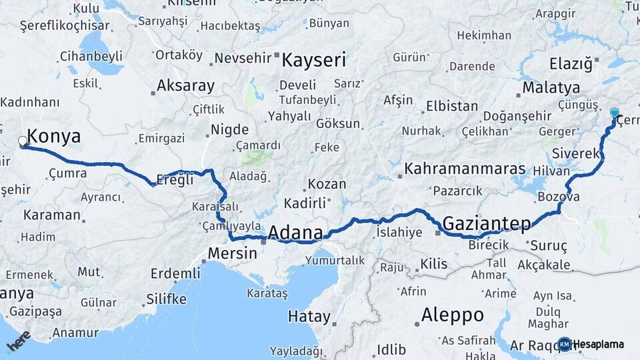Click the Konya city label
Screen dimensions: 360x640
click(x=54, y=137)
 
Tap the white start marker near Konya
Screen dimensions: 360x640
click(x=23, y=141)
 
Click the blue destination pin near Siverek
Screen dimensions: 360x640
click(x=614, y=113)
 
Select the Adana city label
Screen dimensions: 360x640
click(x=295, y=233)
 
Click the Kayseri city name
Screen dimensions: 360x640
click(x=314, y=60)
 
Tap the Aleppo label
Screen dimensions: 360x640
click(x=453, y=315)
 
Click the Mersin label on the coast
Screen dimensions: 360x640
click(x=232, y=253)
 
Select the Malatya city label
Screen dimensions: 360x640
click(x=551, y=87)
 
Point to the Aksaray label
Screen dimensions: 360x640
click(x=185, y=85)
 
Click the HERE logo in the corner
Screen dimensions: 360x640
click(x=19, y=341)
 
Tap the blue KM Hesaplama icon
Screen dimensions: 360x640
click(x=564, y=344)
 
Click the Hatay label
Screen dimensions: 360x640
click(x=309, y=315)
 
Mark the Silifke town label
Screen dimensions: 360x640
click(x=167, y=298)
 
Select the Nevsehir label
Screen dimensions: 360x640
click(x=243, y=58)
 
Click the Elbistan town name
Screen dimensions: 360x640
click(x=452, y=106)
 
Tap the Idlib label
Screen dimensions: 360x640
click(x=391, y=349)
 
